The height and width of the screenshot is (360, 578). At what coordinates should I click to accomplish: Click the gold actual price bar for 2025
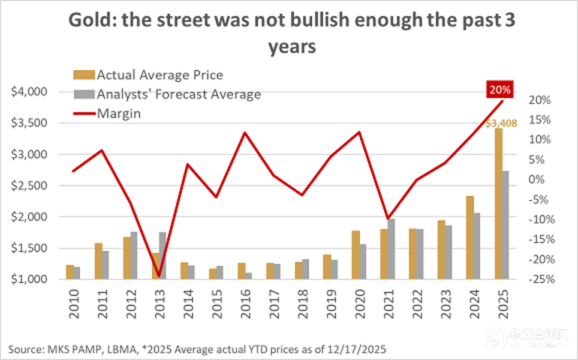[498, 204]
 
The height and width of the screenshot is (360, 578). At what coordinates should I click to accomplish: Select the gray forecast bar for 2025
[505, 225]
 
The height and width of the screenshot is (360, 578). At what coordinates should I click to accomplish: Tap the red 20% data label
[499, 91]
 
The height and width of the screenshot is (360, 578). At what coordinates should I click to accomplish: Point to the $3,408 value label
[499, 124]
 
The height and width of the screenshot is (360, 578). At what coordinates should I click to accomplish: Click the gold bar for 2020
[356, 255]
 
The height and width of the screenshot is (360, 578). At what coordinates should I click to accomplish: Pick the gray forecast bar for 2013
[162, 256]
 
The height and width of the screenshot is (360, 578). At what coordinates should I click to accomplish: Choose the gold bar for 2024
[470, 238]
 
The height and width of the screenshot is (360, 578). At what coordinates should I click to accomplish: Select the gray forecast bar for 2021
[391, 249]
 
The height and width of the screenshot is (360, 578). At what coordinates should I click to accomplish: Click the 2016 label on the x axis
[245, 300]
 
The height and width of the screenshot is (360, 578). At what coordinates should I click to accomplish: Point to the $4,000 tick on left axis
[29, 92]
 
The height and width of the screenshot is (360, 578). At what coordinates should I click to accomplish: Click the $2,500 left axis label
[29, 185]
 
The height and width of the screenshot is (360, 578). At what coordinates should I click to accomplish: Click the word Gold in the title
[90, 20]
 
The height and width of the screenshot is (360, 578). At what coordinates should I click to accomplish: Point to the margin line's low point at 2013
[158, 277]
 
